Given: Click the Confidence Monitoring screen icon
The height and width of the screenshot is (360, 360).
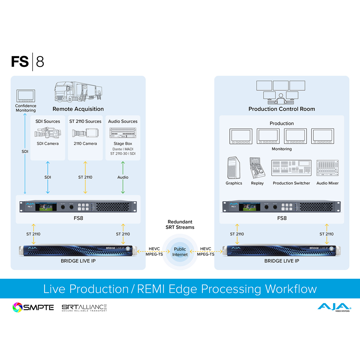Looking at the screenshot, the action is click(x=26, y=96).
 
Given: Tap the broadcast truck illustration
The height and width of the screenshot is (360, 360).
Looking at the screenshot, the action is click(x=78, y=91).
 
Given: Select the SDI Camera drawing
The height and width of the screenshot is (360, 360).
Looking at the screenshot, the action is click(x=48, y=133).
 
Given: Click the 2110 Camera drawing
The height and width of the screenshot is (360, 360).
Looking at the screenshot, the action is click(x=85, y=133).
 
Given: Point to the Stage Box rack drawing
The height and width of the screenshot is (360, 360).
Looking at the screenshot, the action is click(x=123, y=133).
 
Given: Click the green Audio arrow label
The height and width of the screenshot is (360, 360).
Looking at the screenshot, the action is click(x=123, y=177).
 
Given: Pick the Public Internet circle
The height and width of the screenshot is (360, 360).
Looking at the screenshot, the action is click(x=180, y=252).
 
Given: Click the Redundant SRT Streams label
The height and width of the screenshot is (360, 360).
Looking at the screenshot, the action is click(x=180, y=224).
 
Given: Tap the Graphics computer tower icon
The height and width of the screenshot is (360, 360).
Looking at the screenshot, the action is click(x=233, y=168).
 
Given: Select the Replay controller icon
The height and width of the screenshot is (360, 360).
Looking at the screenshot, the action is click(x=257, y=168).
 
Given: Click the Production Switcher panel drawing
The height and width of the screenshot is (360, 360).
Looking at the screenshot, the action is click(x=291, y=168).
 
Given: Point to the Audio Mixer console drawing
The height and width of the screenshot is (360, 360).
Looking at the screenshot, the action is click(x=327, y=168).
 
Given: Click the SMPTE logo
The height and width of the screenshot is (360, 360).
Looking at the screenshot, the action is click(x=33, y=307).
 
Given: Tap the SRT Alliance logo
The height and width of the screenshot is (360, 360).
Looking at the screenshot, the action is click(x=84, y=308).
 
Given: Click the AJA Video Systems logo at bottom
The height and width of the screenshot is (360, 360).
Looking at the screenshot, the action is click(x=334, y=307).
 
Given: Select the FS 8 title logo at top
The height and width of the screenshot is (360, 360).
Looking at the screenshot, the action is click(x=28, y=62).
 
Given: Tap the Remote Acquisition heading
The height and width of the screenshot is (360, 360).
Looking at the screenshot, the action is click(x=78, y=109).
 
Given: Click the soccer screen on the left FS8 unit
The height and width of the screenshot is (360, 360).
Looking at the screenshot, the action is click(x=46, y=207).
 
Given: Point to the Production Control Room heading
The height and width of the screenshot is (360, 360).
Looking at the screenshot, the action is click(x=282, y=109).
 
